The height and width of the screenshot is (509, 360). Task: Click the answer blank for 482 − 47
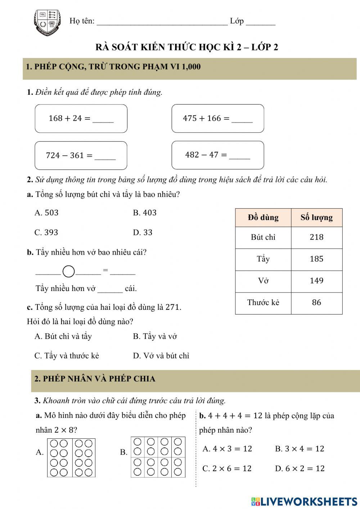[239, 156]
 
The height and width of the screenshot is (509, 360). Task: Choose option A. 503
[46, 213]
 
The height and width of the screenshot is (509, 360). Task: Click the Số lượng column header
[316, 218]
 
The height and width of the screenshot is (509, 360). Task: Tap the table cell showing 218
[316, 237]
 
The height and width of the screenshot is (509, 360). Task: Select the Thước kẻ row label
[263, 303]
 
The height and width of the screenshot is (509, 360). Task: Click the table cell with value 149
[316, 281]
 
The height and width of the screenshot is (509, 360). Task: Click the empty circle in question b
[69, 271]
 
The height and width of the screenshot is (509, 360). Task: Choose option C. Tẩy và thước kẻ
[67, 356]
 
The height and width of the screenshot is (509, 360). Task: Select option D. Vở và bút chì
[161, 356]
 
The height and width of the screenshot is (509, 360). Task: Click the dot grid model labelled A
[71, 457]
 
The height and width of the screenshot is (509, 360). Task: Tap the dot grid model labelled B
[157, 457]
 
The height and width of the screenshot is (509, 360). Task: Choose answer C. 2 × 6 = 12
[227, 469]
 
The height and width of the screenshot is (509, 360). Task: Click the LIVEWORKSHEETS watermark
[304, 501]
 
